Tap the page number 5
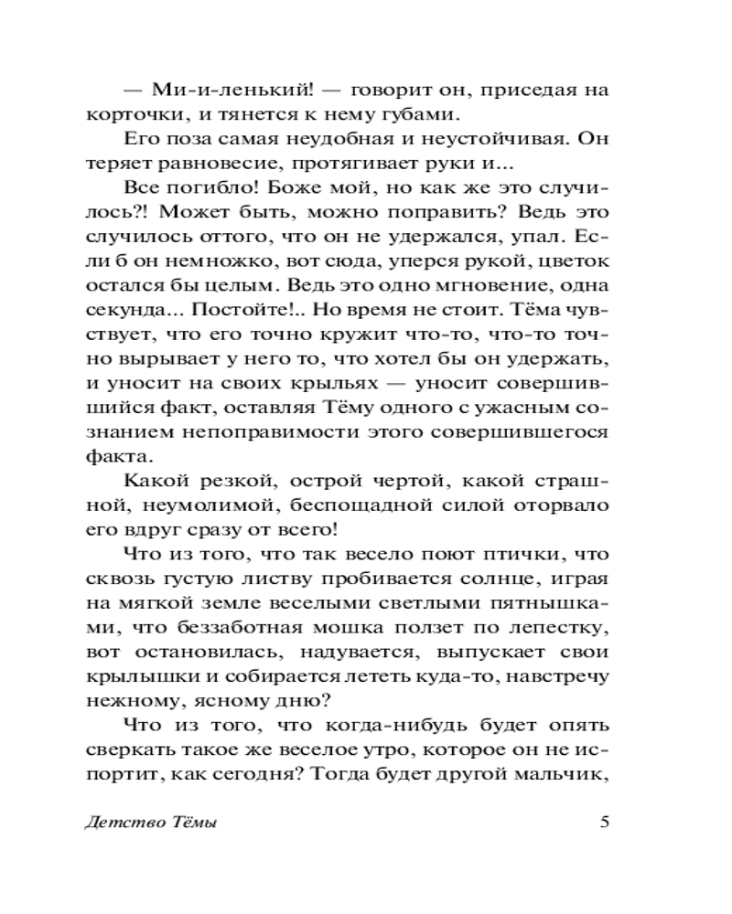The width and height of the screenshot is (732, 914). tap(604, 820)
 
